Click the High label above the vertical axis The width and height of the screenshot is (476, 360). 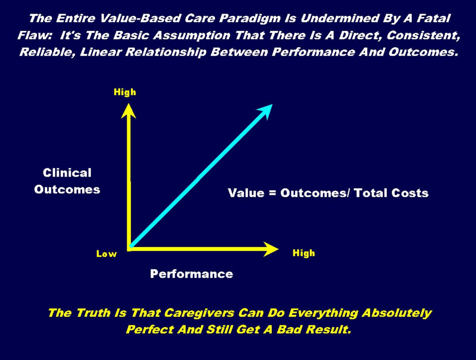tap(125, 92)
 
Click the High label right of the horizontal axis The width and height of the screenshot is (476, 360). tap(304, 253)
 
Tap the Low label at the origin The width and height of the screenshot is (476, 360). tap(107, 254)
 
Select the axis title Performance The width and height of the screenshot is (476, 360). tap(192, 274)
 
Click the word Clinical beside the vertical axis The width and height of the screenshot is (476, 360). tap(67, 173)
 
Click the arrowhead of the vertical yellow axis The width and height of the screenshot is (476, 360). tap(128, 111)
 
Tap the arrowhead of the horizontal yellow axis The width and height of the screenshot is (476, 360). tap(271, 249)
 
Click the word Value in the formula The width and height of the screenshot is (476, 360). tap(246, 193)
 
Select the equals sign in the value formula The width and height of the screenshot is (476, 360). tap(272, 193)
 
